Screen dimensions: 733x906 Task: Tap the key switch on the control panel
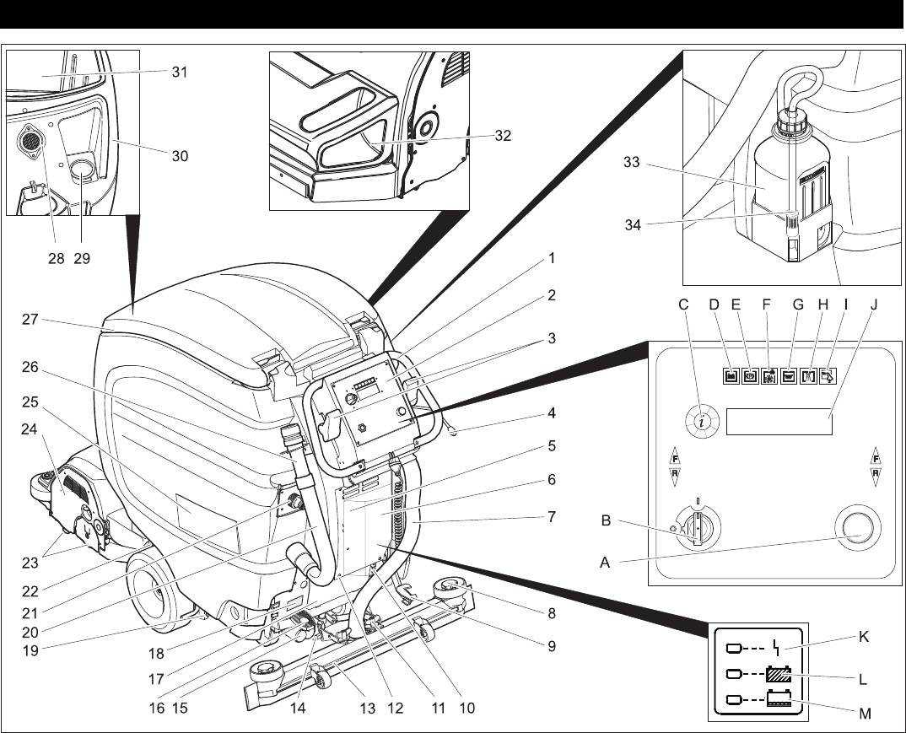pyautogui.click(x=697, y=528)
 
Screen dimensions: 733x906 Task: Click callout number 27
pyautogui.click(x=32, y=320)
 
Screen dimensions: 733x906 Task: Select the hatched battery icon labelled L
pyautogui.click(x=778, y=675)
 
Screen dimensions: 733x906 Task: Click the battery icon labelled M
pyautogui.click(x=778, y=699)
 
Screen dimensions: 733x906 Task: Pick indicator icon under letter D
pyautogui.click(x=731, y=376)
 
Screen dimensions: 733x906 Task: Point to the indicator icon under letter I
pyautogui.click(x=846, y=376)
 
